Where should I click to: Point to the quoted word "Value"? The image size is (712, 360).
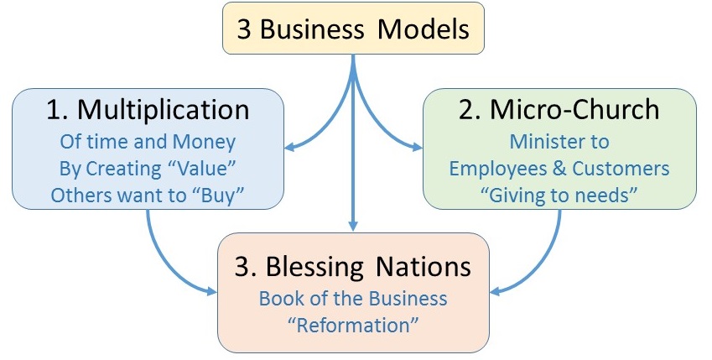(203, 168)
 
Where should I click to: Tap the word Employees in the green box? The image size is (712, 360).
(496, 168)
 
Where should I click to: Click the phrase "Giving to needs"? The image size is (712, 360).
(559, 194)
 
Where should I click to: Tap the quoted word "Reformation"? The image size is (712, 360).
(352, 323)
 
